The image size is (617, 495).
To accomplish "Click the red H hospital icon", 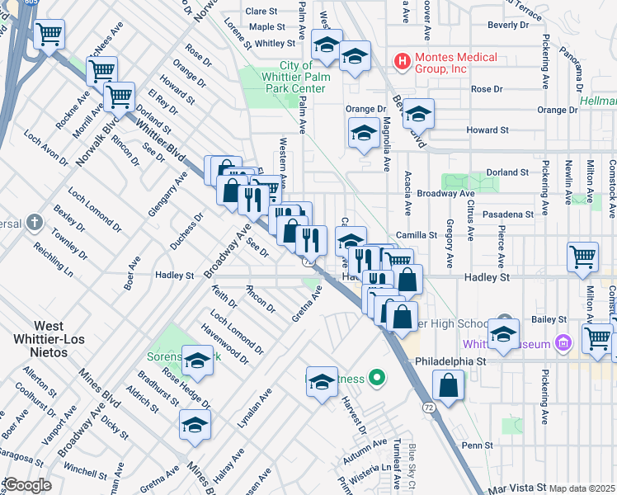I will (x=402, y=60).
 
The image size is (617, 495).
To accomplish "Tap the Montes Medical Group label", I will (x=456, y=63).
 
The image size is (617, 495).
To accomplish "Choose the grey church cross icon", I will (x=34, y=223).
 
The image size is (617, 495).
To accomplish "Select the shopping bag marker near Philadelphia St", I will (x=448, y=386).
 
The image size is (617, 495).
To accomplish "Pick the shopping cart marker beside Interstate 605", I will (x=49, y=35).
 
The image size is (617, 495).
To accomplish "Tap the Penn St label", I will (x=477, y=445).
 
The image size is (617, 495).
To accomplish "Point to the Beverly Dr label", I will (x=507, y=25).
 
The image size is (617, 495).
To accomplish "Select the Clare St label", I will (x=261, y=12).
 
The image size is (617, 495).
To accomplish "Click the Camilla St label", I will (x=414, y=235).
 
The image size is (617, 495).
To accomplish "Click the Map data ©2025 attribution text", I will (x=582, y=488).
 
